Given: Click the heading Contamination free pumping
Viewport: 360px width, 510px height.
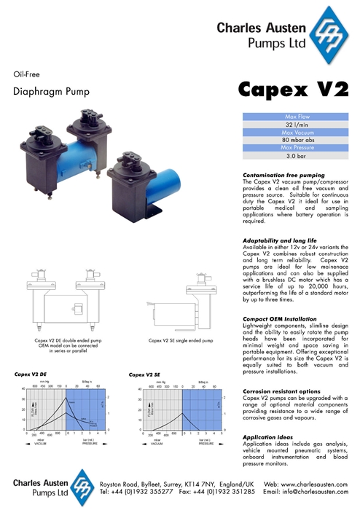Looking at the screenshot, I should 283,176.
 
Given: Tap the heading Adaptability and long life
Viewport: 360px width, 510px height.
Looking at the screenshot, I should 279,239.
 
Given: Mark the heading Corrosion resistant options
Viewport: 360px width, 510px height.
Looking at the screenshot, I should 281,391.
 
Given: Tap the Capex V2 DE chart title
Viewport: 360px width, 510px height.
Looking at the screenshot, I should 31,374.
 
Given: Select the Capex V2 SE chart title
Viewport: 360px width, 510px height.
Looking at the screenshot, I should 144,374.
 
